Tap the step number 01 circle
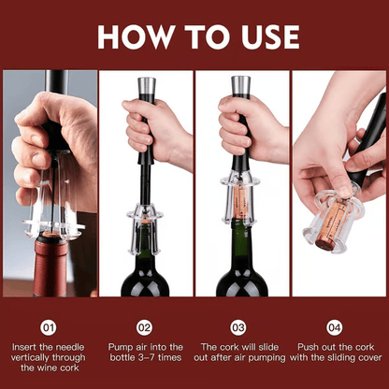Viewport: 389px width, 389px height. click(50, 327)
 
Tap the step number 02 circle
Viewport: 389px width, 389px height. click(145, 327)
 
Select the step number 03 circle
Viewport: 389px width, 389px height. click(238, 327)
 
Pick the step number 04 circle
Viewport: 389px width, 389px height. click(334, 327)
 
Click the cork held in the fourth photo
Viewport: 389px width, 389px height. click(332, 224)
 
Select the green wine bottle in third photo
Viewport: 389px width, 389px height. click(241, 267)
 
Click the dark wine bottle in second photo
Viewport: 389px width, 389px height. click(145, 271)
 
